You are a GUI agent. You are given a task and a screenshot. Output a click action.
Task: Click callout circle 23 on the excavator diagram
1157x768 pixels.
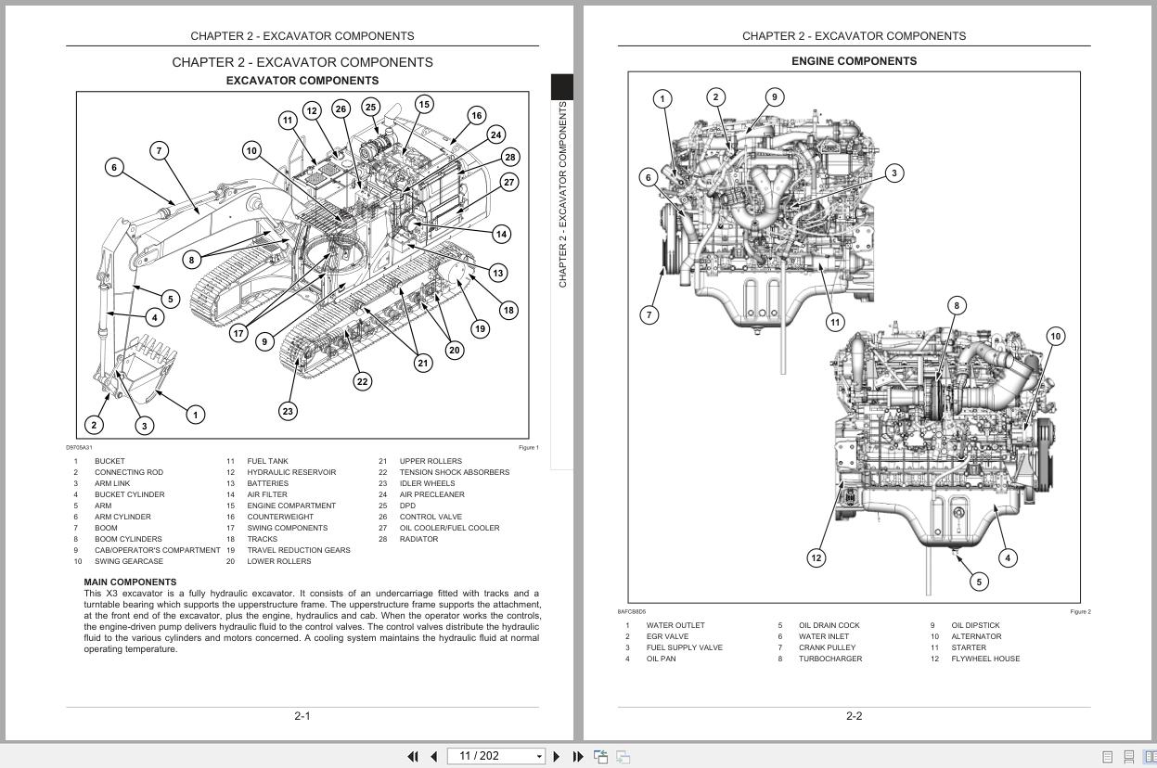click(288, 411)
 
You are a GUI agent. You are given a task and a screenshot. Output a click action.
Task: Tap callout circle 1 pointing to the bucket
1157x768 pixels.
click(195, 415)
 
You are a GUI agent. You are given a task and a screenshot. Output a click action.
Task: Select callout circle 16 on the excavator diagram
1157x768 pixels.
click(476, 116)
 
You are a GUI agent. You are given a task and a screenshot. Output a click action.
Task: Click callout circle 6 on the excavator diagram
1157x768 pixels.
click(114, 168)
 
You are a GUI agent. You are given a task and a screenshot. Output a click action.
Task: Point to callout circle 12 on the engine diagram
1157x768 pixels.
click(816, 557)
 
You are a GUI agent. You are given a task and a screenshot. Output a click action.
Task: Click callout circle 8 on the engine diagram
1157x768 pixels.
click(957, 305)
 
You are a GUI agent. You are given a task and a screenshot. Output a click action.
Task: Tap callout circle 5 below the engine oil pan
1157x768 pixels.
click(978, 582)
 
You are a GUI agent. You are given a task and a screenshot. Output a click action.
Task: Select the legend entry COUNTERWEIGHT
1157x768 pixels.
click(279, 517)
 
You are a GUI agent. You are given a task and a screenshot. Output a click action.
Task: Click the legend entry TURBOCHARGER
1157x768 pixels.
click(829, 659)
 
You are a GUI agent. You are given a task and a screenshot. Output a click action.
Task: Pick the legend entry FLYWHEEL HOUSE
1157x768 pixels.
click(984, 659)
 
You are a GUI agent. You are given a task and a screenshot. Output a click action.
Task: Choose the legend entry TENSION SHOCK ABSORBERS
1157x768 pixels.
click(454, 472)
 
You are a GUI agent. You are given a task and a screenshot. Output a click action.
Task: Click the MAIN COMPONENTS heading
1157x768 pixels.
click(130, 582)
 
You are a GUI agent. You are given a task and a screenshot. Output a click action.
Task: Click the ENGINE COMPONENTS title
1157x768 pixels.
click(854, 61)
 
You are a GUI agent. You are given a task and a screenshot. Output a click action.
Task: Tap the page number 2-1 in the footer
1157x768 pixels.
click(302, 716)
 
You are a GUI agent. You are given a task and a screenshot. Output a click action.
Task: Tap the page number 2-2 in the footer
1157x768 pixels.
click(854, 716)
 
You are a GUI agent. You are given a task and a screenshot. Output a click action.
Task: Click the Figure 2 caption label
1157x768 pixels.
click(1080, 612)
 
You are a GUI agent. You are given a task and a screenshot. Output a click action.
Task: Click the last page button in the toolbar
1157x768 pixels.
click(578, 757)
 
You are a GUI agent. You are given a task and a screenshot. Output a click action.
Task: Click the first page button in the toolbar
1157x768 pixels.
click(413, 757)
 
